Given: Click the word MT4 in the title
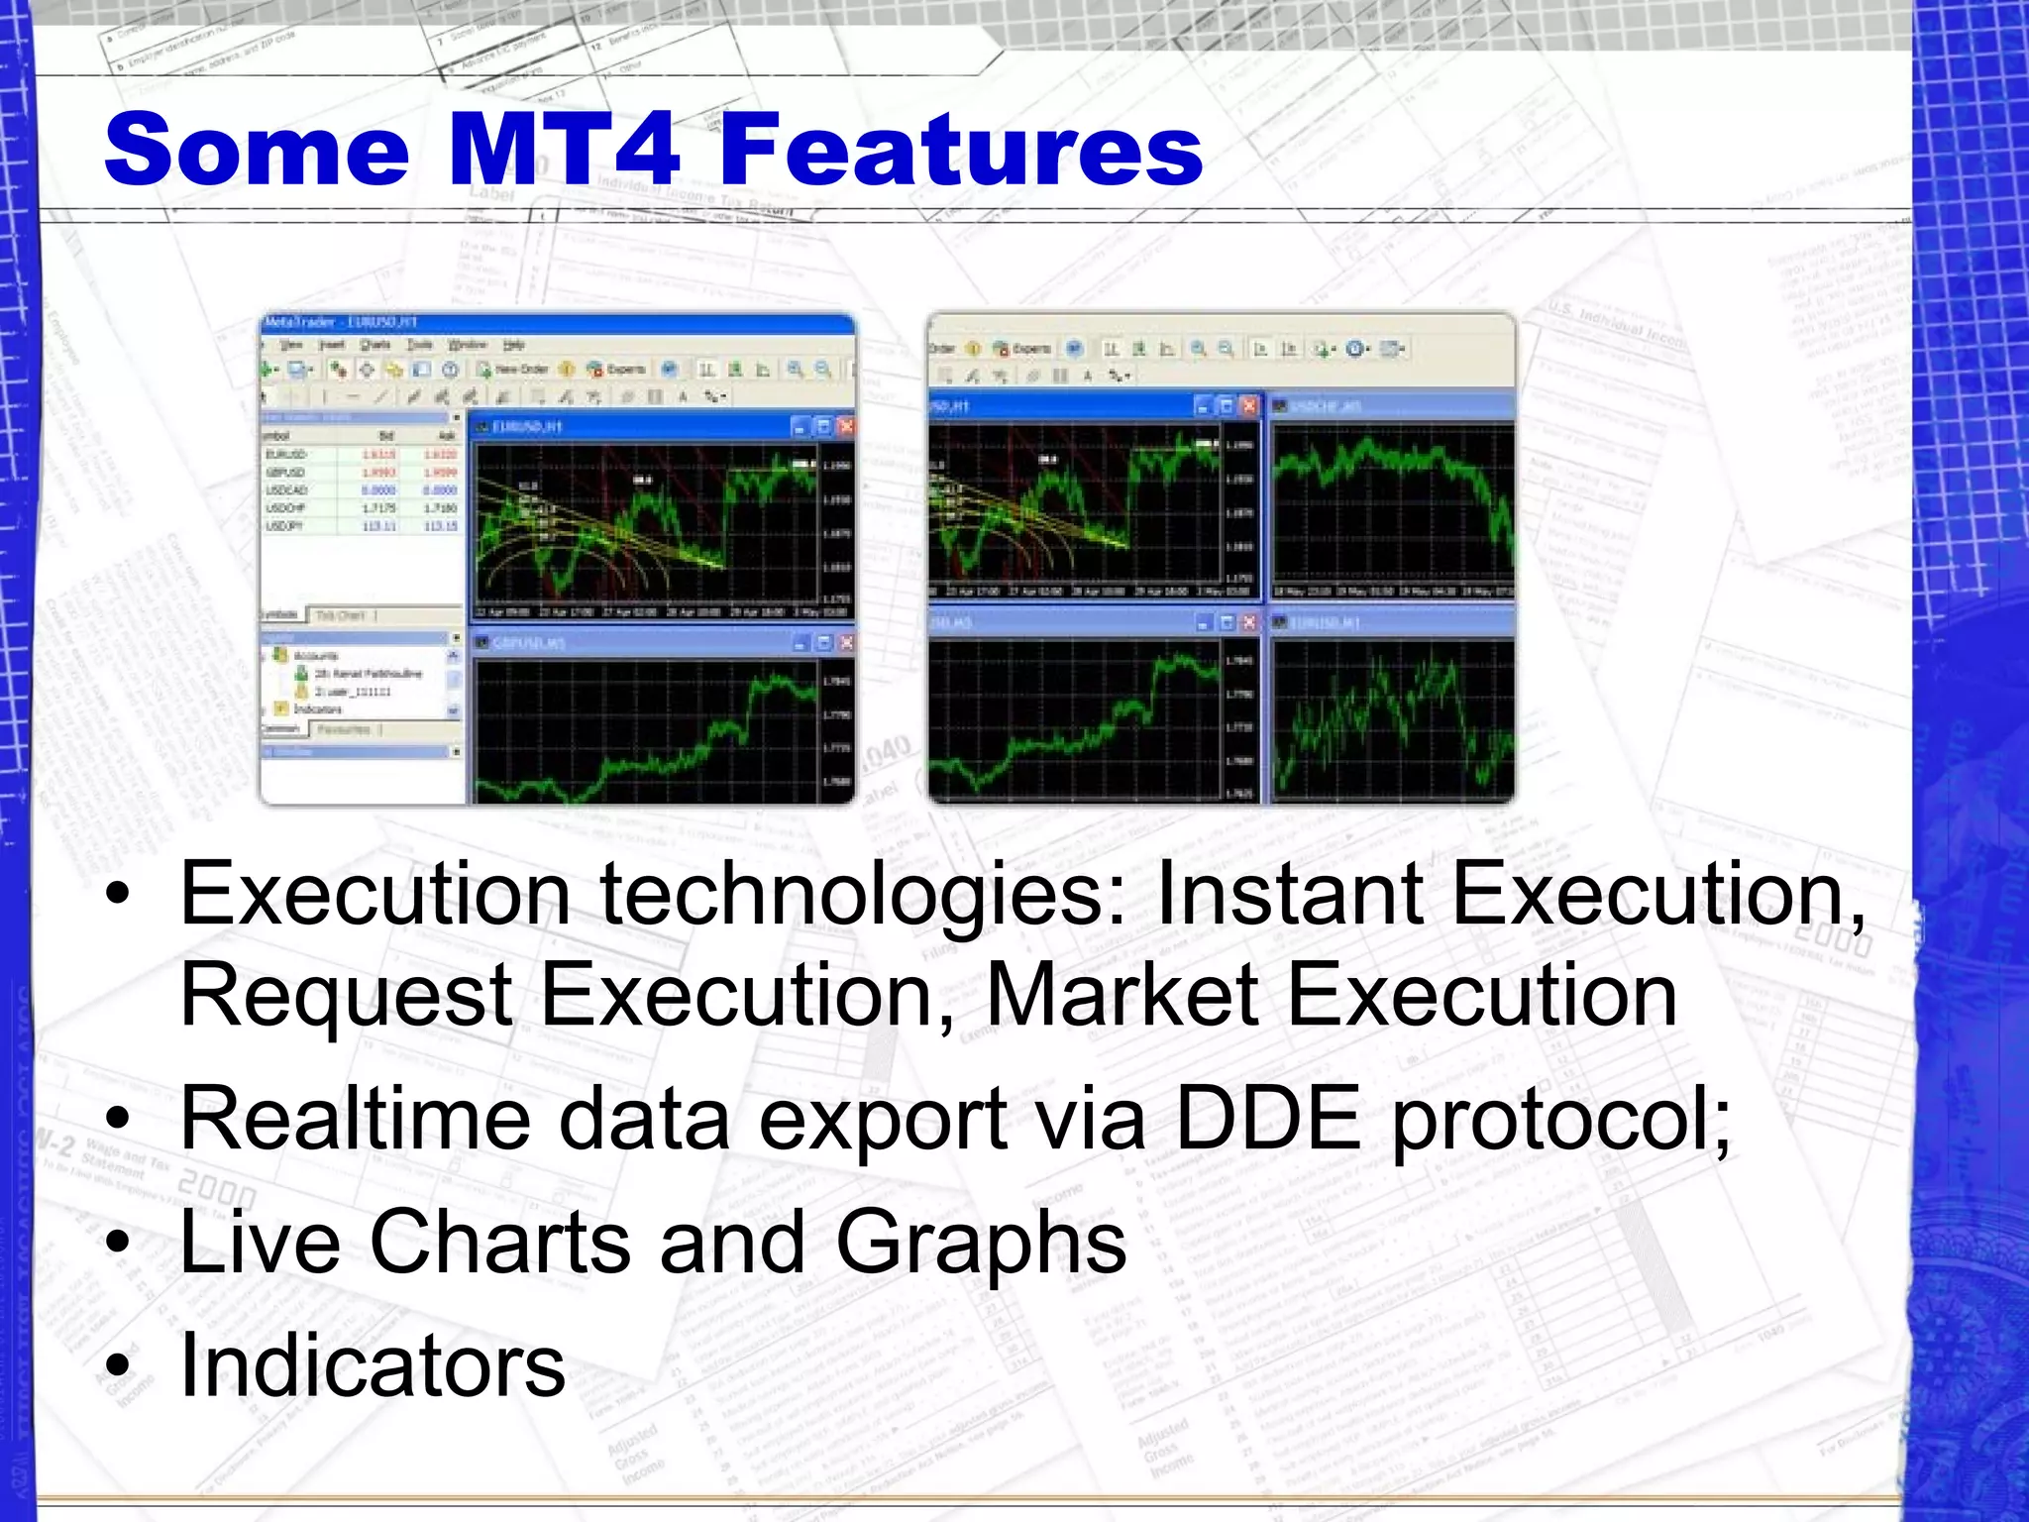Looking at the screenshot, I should coord(564,150).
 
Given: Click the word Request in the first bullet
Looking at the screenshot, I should coord(345,996).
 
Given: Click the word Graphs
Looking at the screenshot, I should coord(981,1245).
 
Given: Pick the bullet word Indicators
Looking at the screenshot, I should coord(372,1365).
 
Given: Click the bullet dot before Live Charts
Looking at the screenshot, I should coord(118,1245).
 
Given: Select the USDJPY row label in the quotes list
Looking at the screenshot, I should coord(285,526).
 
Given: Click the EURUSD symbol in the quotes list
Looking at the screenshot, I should coord(286,455).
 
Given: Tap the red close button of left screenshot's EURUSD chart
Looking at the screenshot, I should coord(845,427).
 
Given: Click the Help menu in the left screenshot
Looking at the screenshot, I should coord(513,345).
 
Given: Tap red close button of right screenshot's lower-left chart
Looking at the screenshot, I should coord(1249,622).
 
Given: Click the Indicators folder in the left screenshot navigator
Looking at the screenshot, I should coord(316,709).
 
